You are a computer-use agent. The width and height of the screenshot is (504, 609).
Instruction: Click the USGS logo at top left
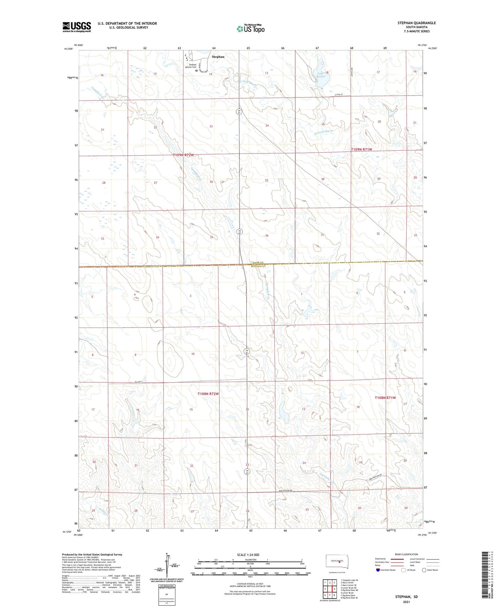click(x=77, y=27)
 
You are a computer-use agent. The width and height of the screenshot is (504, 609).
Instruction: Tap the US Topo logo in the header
click(x=250, y=29)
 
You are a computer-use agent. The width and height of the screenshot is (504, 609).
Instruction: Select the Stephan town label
click(x=218, y=57)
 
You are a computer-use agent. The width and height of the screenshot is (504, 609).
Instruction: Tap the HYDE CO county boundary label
click(x=258, y=263)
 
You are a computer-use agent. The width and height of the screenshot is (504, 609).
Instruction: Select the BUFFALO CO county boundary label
click(x=258, y=266)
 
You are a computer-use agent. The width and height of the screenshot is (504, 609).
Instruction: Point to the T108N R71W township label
click(x=385, y=398)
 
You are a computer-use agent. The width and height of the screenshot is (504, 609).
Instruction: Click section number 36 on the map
click(x=267, y=235)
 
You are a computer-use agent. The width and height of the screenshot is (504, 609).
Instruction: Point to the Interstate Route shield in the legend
click(x=378, y=570)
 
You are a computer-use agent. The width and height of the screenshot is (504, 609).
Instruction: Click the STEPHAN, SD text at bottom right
click(x=406, y=597)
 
